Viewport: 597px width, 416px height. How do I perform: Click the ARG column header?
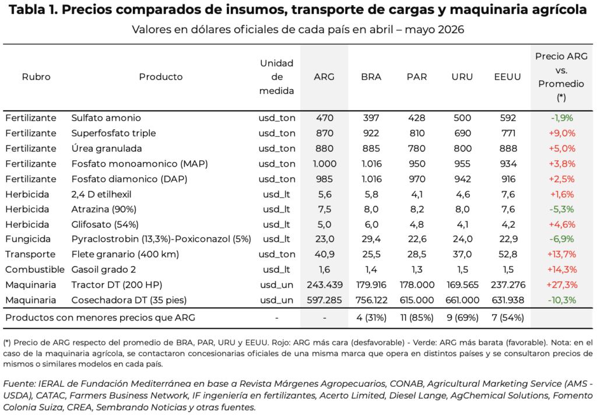click(324, 77)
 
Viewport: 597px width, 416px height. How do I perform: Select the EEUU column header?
click(508, 77)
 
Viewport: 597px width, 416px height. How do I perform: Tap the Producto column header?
click(161, 77)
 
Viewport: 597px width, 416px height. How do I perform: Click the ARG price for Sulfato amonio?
click(324, 118)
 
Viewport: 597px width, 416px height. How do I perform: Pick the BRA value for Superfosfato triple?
click(371, 133)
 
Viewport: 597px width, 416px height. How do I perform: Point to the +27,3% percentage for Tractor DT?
click(561, 285)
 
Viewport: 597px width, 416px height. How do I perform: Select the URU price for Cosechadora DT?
click(462, 300)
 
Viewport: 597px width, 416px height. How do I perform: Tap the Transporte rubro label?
click(30, 254)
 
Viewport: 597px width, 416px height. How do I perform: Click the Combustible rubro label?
click(35, 269)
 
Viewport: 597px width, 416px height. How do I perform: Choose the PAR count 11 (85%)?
click(417, 318)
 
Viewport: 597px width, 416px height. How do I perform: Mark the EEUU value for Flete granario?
click(508, 254)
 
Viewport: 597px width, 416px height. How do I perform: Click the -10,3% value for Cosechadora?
click(561, 300)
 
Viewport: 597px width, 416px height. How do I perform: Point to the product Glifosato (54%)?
click(105, 224)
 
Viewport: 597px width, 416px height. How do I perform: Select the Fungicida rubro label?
click(28, 239)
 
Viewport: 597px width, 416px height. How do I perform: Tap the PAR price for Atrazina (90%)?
click(417, 209)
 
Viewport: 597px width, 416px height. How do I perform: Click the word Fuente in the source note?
click(19, 383)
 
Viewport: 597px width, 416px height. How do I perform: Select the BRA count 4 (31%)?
click(371, 318)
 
